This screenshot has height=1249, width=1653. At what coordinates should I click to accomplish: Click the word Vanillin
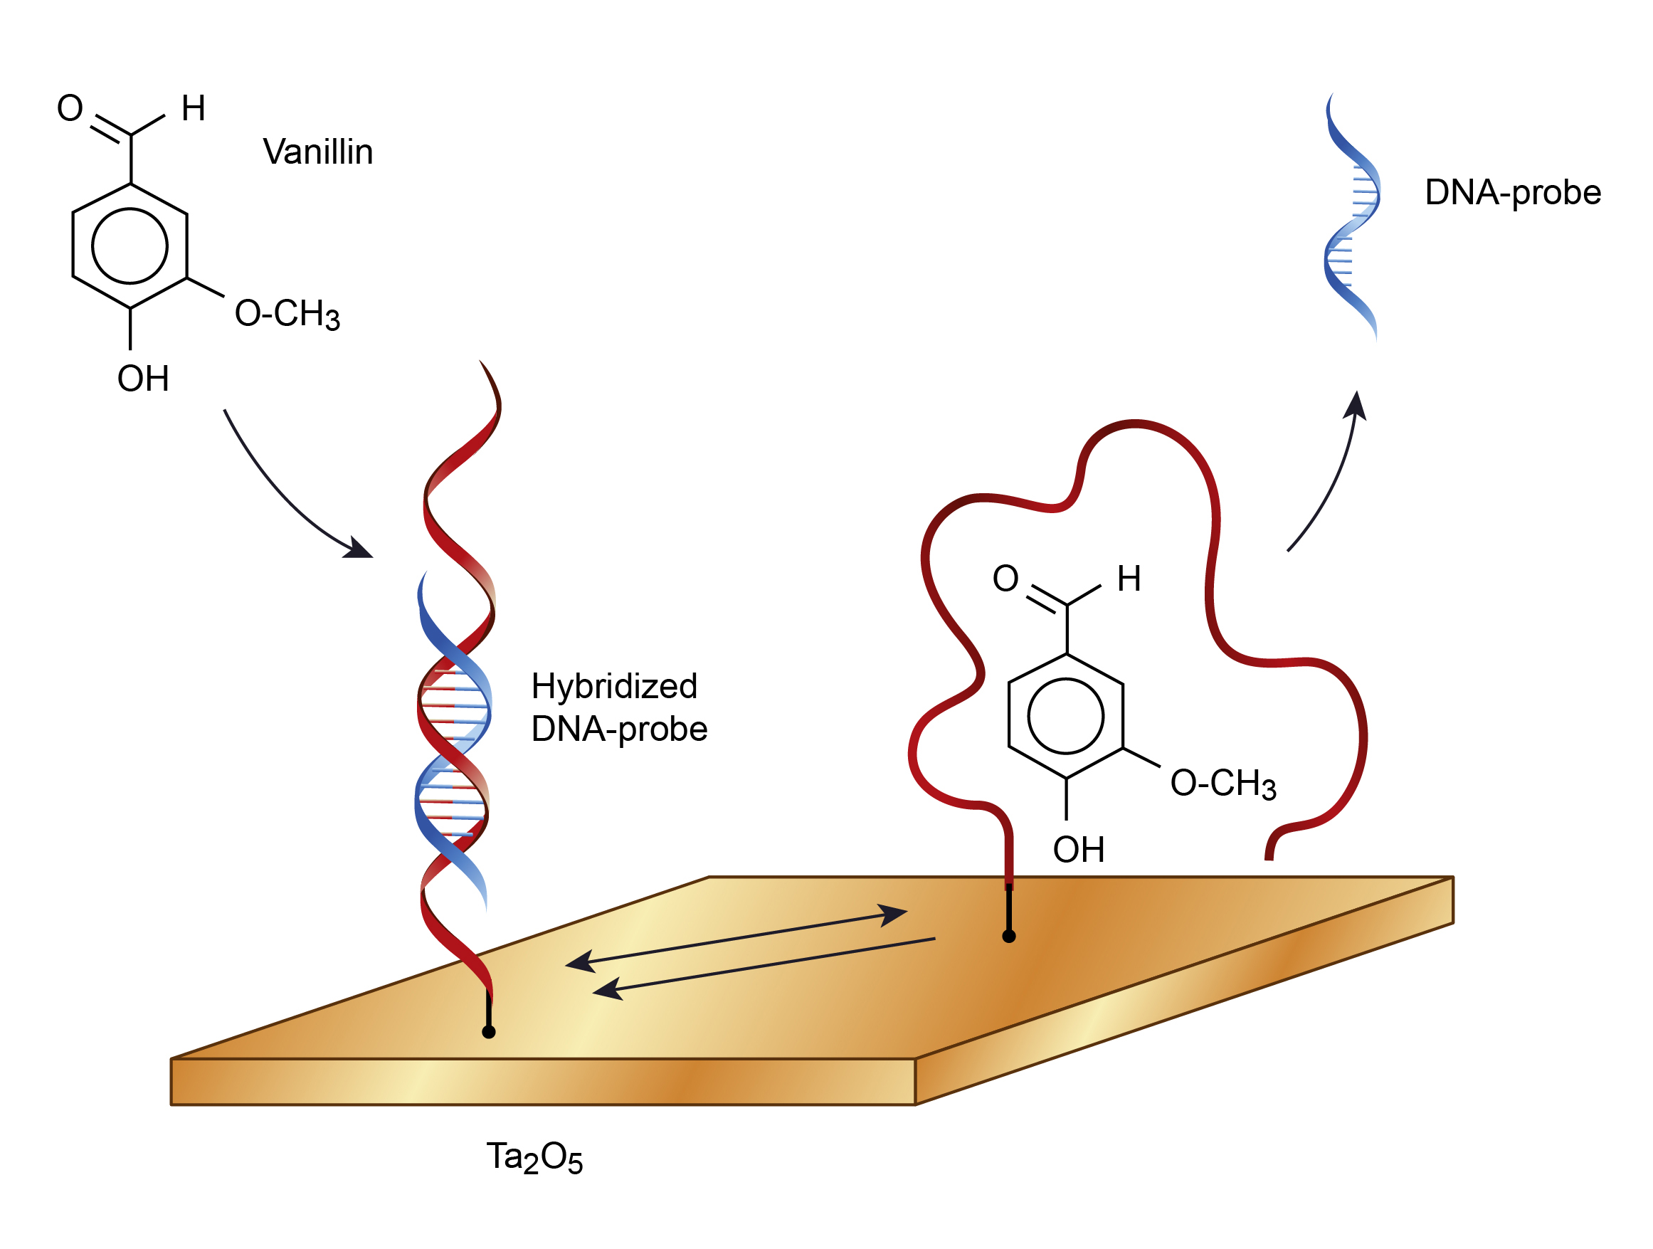click(x=317, y=152)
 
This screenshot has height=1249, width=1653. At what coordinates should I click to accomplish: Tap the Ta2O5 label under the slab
click(x=534, y=1158)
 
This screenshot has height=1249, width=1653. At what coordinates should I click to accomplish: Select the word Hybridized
click(x=614, y=687)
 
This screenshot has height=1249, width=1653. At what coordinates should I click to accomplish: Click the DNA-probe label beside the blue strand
click(x=1513, y=192)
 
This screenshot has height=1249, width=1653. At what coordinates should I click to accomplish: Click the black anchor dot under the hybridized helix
click(x=489, y=1032)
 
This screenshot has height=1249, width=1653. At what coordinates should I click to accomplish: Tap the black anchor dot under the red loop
click(x=1009, y=937)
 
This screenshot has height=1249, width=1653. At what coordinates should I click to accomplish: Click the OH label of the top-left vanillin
click(x=143, y=378)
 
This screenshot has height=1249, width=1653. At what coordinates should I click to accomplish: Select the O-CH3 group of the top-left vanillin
click(x=287, y=313)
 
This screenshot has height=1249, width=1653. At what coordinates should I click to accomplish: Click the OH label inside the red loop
click(x=1078, y=849)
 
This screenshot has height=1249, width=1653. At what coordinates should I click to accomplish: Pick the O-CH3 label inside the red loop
click(x=1223, y=784)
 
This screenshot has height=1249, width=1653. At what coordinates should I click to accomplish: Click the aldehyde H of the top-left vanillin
click(x=194, y=108)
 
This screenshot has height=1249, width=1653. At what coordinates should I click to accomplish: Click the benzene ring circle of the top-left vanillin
click(x=130, y=209)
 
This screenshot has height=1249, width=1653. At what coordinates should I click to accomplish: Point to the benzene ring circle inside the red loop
click(x=1066, y=679)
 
